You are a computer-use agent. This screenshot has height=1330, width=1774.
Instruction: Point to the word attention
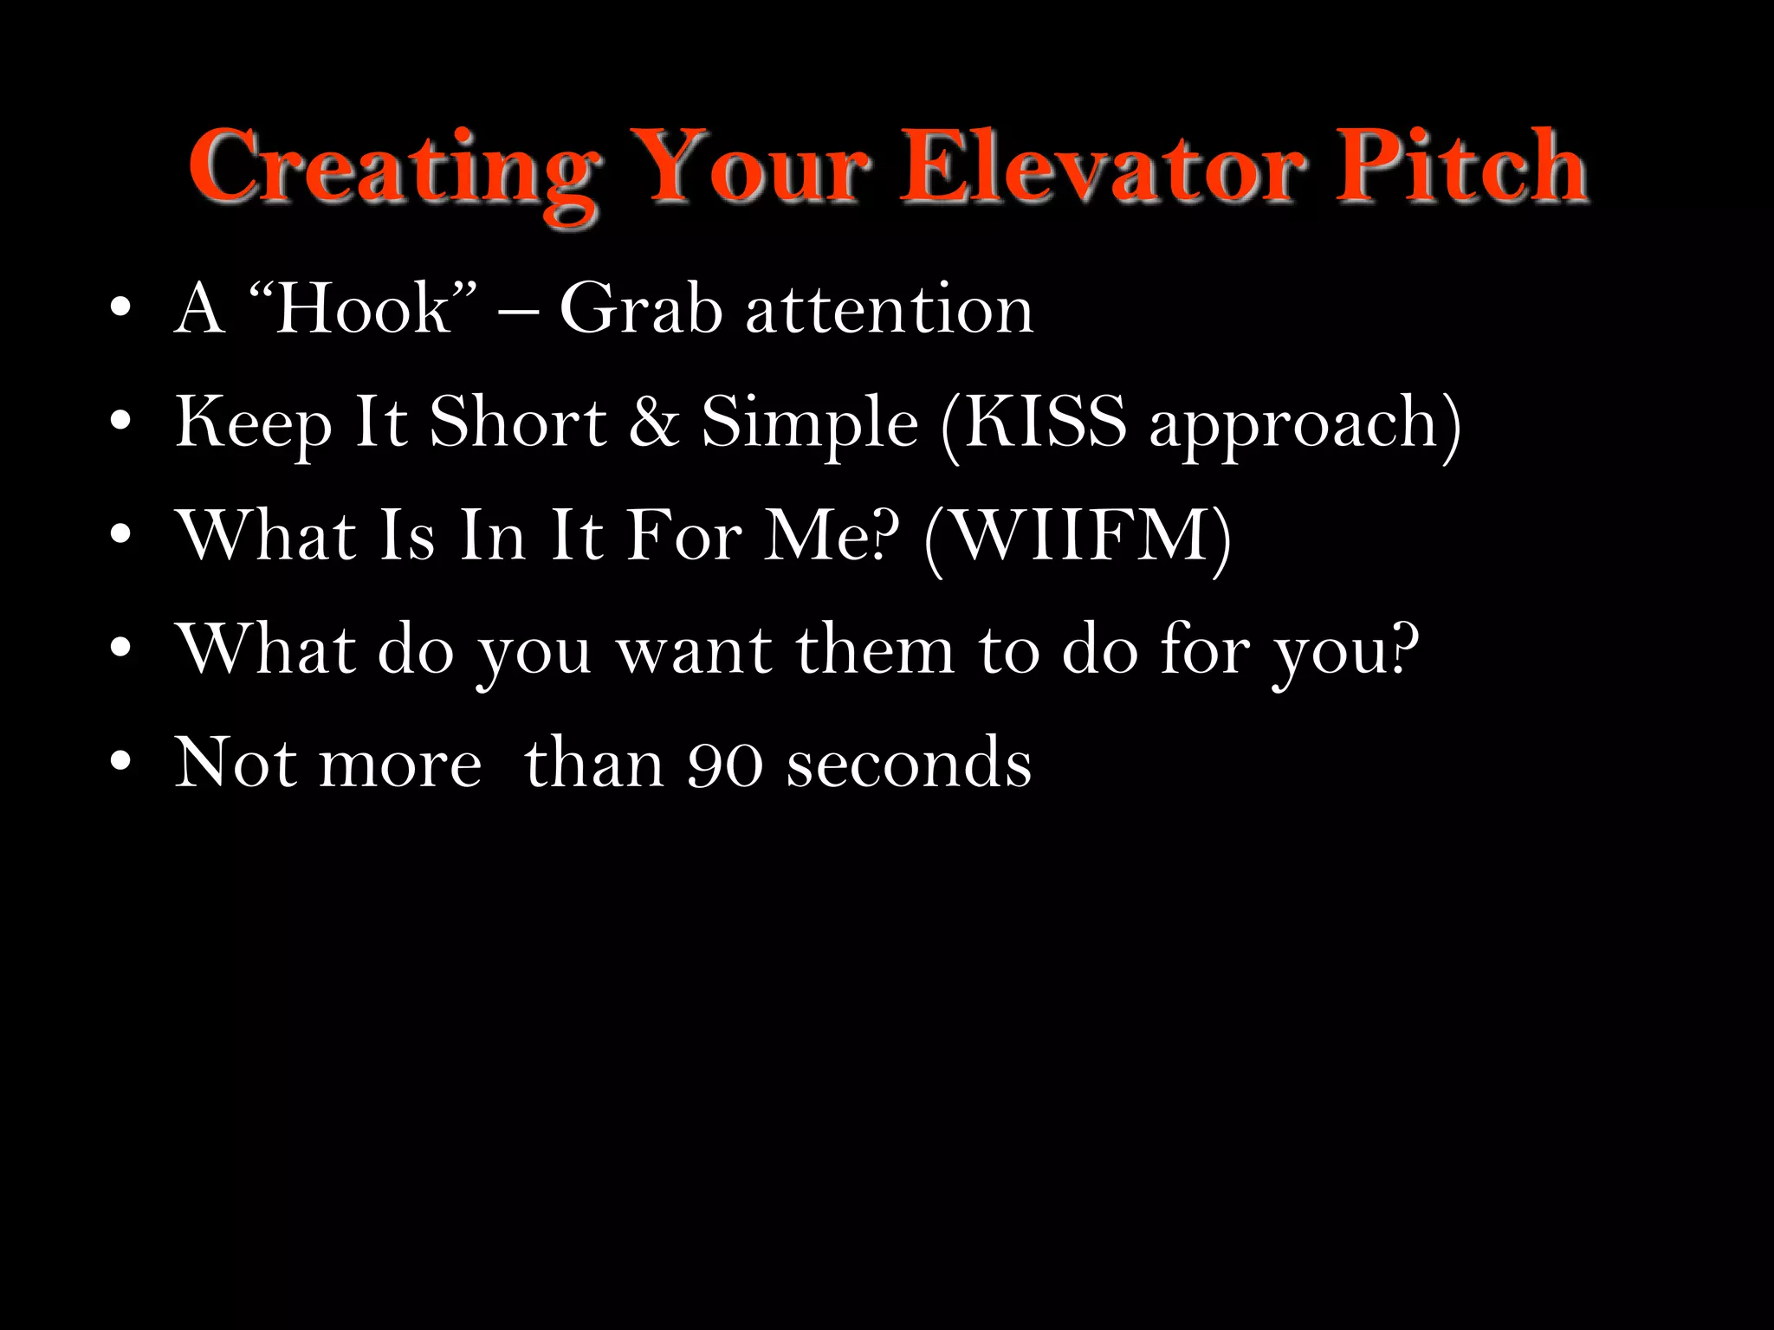tap(890, 309)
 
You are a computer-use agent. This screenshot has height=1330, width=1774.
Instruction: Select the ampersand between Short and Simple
tap(654, 422)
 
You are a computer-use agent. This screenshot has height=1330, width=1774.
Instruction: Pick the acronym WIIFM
tap(1078, 536)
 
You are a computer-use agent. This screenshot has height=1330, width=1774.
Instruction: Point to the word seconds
tap(910, 765)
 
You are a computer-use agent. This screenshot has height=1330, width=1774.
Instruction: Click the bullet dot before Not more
tap(120, 763)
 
